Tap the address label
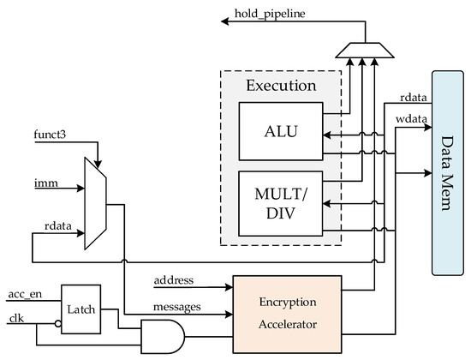pos(173,280)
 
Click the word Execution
pos(279,86)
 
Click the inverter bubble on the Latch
pos(57,325)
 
